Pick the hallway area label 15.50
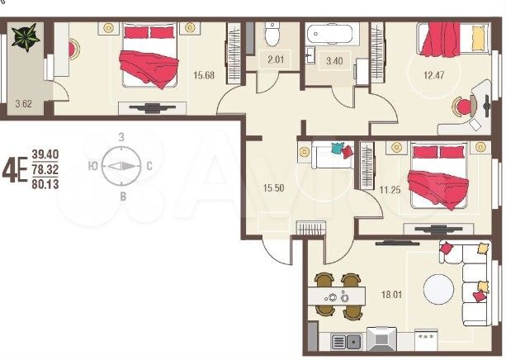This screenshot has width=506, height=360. tap(274, 187)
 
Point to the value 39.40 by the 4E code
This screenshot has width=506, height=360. tap(45, 154)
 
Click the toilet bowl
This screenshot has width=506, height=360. tap(274, 35)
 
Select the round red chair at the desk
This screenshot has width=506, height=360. tap(465, 106)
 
